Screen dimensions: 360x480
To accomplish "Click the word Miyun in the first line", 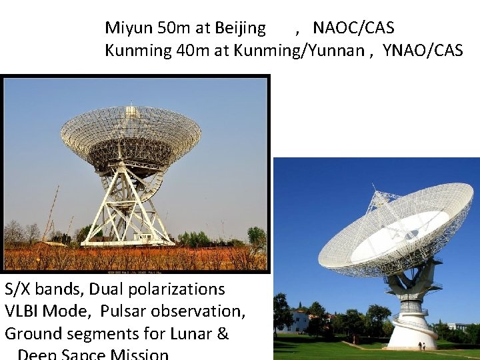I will point(129,28).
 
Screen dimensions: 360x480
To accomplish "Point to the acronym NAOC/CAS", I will point(353,28).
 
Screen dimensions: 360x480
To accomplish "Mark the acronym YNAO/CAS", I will point(422,51).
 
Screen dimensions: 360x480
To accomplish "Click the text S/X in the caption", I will point(17,289).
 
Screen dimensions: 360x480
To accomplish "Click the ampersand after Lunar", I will point(223,333).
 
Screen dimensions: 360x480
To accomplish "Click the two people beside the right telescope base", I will point(422,346).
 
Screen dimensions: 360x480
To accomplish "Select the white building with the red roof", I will point(299,321).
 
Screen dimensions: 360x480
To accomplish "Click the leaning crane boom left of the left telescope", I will point(51,213).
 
